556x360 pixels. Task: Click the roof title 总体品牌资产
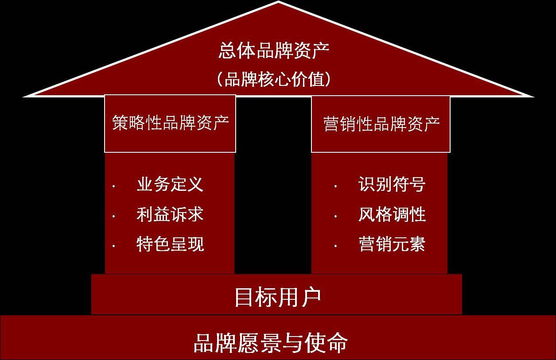pos(274,51)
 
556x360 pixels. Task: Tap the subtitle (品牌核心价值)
pos(274,80)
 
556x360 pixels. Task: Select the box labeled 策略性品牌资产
pos(170,124)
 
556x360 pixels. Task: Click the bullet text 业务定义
pos(170,184)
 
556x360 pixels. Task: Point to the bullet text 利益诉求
pos(170,214)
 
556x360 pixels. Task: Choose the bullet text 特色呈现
pos(170,244)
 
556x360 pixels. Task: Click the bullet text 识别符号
pos(392,184)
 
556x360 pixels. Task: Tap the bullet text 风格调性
pos(392,214)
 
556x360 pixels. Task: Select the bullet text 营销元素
pos(392,244)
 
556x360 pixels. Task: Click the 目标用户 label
pos(277,297)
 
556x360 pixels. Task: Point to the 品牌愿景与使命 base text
pos(270,342)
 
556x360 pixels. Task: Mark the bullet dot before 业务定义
pos(114,186)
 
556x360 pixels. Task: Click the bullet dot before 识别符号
pos(335,186)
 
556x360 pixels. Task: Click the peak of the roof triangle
pos(278,2)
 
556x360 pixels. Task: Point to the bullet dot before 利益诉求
pos(114,217)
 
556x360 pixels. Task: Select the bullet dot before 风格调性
pos(335,217)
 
